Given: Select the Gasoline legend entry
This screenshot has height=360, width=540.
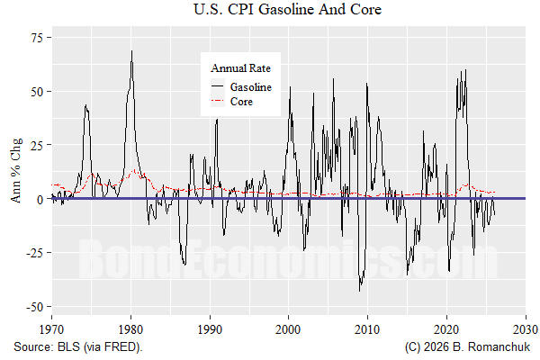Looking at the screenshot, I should click(x=250, y=87).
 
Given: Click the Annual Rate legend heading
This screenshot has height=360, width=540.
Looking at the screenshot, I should click(x=240, y=67).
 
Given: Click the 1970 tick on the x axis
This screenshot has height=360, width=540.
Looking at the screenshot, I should click(x=51, y=328).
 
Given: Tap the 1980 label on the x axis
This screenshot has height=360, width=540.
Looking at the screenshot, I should click(x=130, y=328).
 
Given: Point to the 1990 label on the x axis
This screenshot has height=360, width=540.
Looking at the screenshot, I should click(x=210, y=328).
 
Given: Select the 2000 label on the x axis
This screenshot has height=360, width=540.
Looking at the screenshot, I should click(x=289, y=328).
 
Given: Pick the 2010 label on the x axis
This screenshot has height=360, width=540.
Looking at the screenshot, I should click(x=368, y=328).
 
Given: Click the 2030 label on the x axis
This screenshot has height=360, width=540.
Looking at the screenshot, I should click(x=526, y=328).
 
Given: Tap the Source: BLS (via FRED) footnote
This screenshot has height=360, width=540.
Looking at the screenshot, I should click(x=77, y=346).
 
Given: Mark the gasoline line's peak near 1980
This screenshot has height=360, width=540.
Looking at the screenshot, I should click(x=131, y=50).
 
